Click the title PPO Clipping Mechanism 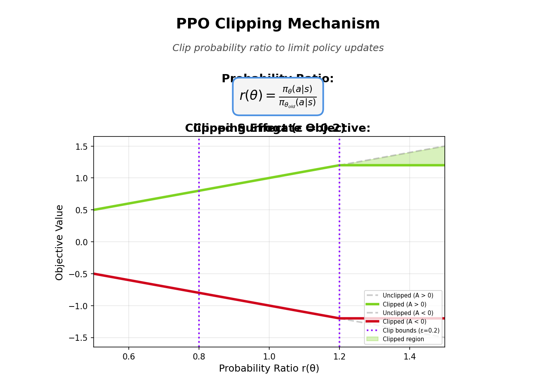point(278,24)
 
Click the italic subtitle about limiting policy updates point(278,48)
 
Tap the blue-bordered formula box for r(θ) point(278,96)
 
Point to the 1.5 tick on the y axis point(82,146)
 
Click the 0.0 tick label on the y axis point(82,242)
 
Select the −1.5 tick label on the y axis point(79,338)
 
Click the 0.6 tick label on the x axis point(129,356)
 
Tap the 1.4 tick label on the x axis point(409,356)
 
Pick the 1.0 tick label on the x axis point(269,356)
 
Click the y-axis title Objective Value point(59,242)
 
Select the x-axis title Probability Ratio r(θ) point(269,368)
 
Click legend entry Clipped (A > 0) point(404,305)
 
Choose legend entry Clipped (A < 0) point(404,322)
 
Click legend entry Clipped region point(403,339)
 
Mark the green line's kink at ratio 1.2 point(339,165)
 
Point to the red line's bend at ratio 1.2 point(339,318)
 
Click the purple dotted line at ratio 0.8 point(199,234)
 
